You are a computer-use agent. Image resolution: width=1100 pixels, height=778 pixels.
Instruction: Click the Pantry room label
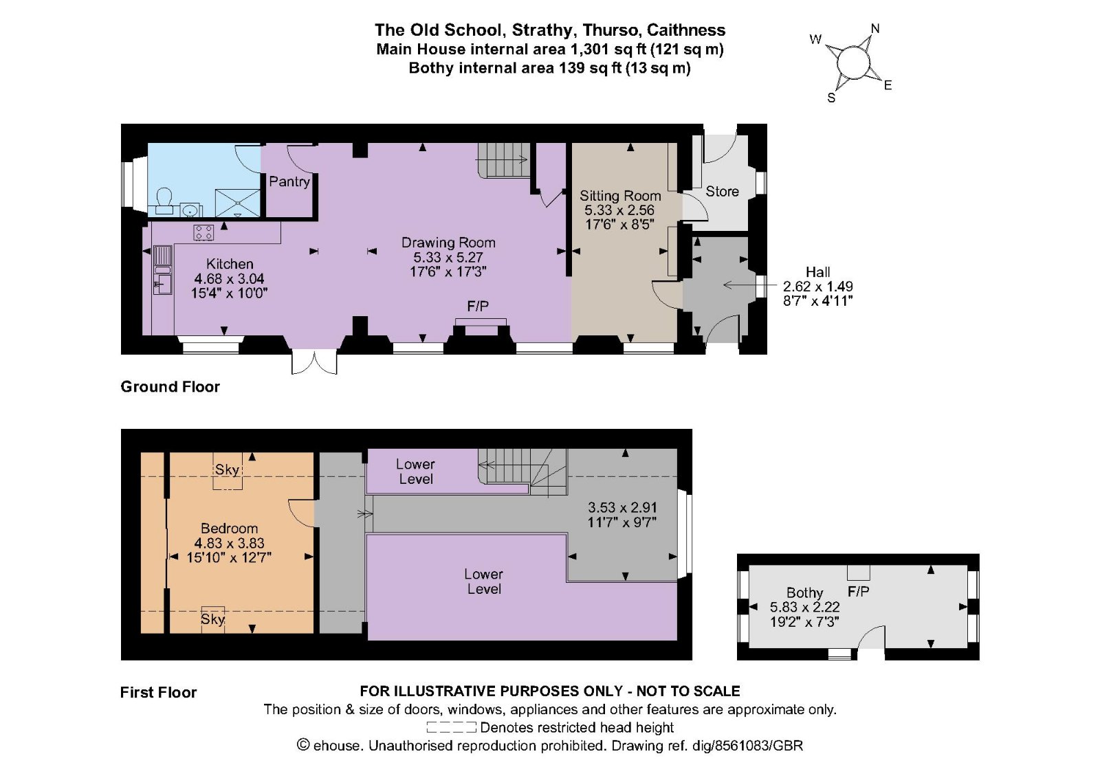(289, 181)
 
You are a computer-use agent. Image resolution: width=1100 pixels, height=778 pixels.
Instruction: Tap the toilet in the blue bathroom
(164, 199)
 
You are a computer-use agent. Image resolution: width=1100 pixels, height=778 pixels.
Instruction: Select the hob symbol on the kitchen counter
(203, 232)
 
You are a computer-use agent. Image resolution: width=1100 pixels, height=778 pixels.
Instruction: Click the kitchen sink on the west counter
(163, 270)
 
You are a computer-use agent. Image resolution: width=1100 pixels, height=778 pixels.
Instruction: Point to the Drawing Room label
(448, 243)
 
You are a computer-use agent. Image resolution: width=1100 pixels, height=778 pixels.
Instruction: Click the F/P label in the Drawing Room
(478, 307)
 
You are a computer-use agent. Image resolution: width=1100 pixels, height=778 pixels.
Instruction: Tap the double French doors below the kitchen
(315, 362)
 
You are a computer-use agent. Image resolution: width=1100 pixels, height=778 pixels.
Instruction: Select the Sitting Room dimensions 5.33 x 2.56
(619, 210)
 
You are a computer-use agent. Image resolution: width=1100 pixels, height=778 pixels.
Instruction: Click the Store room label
(722, 192)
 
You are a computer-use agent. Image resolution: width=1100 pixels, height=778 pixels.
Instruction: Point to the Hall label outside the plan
(817, 272)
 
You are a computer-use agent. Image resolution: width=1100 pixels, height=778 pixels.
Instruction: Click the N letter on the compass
(875, 29)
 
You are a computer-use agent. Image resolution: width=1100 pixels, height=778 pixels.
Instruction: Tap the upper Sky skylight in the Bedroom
(227, 471)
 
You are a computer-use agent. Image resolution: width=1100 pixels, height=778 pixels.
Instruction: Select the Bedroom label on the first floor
(229, 529)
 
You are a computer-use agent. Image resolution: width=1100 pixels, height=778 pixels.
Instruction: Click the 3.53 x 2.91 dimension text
(622, 508)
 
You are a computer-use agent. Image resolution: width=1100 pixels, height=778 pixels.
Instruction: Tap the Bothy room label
(804, 592)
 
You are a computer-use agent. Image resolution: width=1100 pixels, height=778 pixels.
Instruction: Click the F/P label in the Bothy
(858, 592)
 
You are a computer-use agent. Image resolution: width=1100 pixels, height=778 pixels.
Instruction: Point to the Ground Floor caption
(170, 387)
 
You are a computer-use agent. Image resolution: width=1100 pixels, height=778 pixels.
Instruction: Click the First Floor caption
(158, 693)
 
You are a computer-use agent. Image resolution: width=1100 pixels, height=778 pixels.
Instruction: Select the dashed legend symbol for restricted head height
(451, 727)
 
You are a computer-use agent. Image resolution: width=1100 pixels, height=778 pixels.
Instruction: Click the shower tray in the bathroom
(238, 203)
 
